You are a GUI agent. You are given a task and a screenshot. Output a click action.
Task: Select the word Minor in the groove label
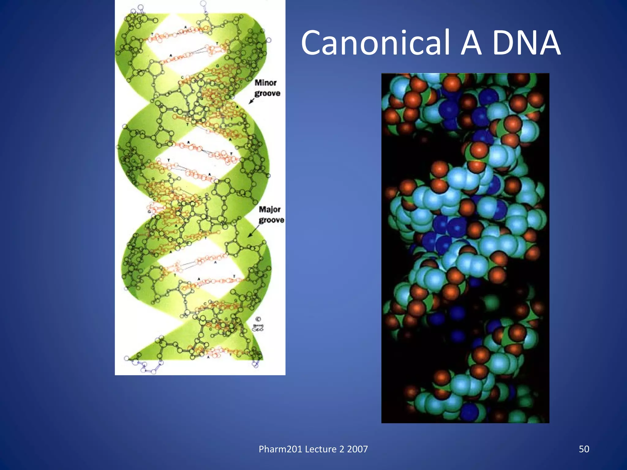coord(265,83)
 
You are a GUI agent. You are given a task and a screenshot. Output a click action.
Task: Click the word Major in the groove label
coord(269,209)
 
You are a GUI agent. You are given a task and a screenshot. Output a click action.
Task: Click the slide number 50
coord(584,449)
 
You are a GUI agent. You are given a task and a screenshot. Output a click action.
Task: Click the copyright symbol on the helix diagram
coord(258,319)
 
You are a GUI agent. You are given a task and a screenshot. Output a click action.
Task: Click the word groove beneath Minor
coord(267,93)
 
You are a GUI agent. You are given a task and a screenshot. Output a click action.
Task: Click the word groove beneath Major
coord(271,220)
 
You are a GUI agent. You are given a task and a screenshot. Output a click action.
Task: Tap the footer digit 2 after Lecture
coord(342,449)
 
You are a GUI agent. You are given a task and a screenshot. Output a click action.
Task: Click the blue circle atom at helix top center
coord(203,4)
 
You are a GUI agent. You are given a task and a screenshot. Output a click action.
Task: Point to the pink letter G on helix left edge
coord(149,211)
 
